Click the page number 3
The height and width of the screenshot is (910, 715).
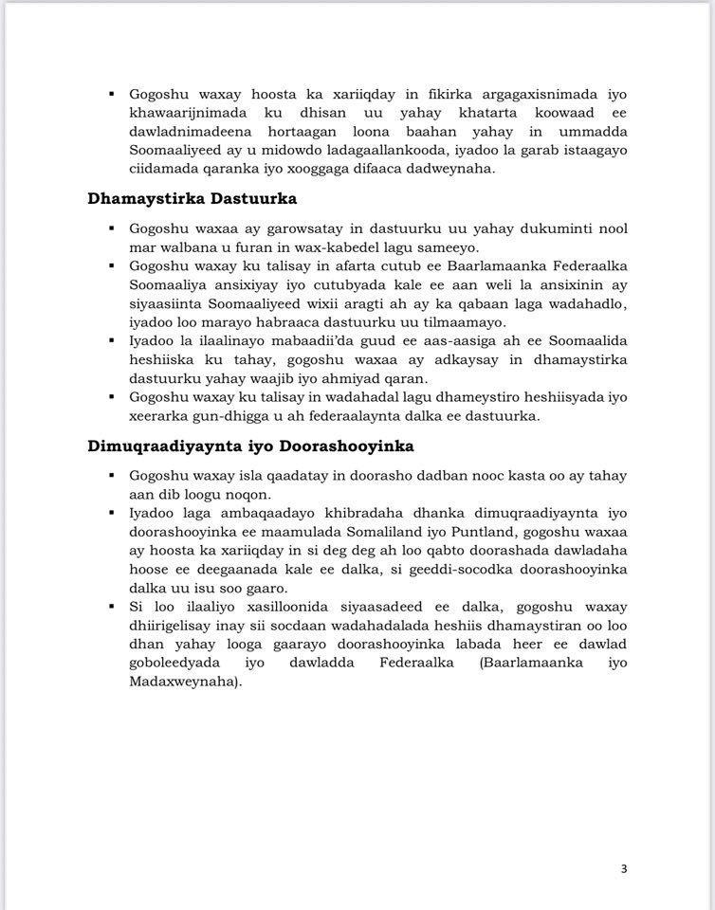[624, 868]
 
